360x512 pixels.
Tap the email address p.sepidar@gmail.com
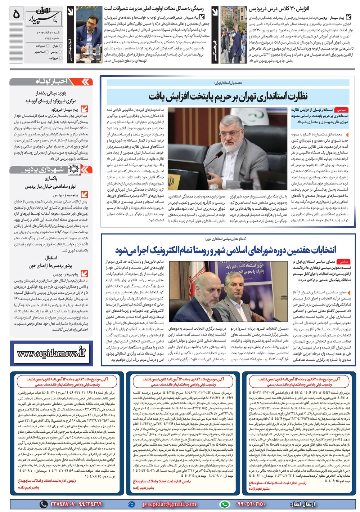(169, 504)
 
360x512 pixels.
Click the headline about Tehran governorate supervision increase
(228, 96)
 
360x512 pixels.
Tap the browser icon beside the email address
(131, 504)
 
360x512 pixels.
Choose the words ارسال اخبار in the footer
(302, 504)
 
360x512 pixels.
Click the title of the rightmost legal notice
(299, 382)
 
